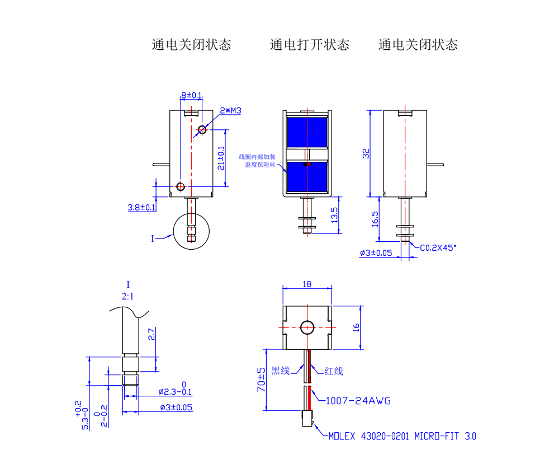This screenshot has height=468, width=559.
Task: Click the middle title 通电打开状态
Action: point(309,45)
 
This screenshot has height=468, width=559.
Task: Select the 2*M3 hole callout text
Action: point(230,111)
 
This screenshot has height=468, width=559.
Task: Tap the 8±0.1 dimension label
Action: point(191,96)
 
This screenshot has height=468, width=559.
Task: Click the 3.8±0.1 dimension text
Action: point(141,208)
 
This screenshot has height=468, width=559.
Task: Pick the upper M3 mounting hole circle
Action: point(202,130)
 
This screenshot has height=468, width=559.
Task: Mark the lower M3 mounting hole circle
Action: point(180,186)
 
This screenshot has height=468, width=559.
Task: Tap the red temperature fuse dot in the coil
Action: point(305,165)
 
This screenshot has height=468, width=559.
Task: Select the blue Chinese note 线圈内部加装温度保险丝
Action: point(257,161)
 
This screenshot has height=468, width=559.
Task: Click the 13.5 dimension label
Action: point(335,216)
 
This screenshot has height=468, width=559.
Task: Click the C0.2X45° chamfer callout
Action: point(438,246)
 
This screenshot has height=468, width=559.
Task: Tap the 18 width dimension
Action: point(307,284)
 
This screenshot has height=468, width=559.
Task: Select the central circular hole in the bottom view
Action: point(307,327)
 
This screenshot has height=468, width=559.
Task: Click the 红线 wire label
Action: point(334,371)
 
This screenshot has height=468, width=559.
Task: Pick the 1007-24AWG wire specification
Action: point(358,401)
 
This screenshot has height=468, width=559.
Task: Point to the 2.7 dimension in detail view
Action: point(150,335)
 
